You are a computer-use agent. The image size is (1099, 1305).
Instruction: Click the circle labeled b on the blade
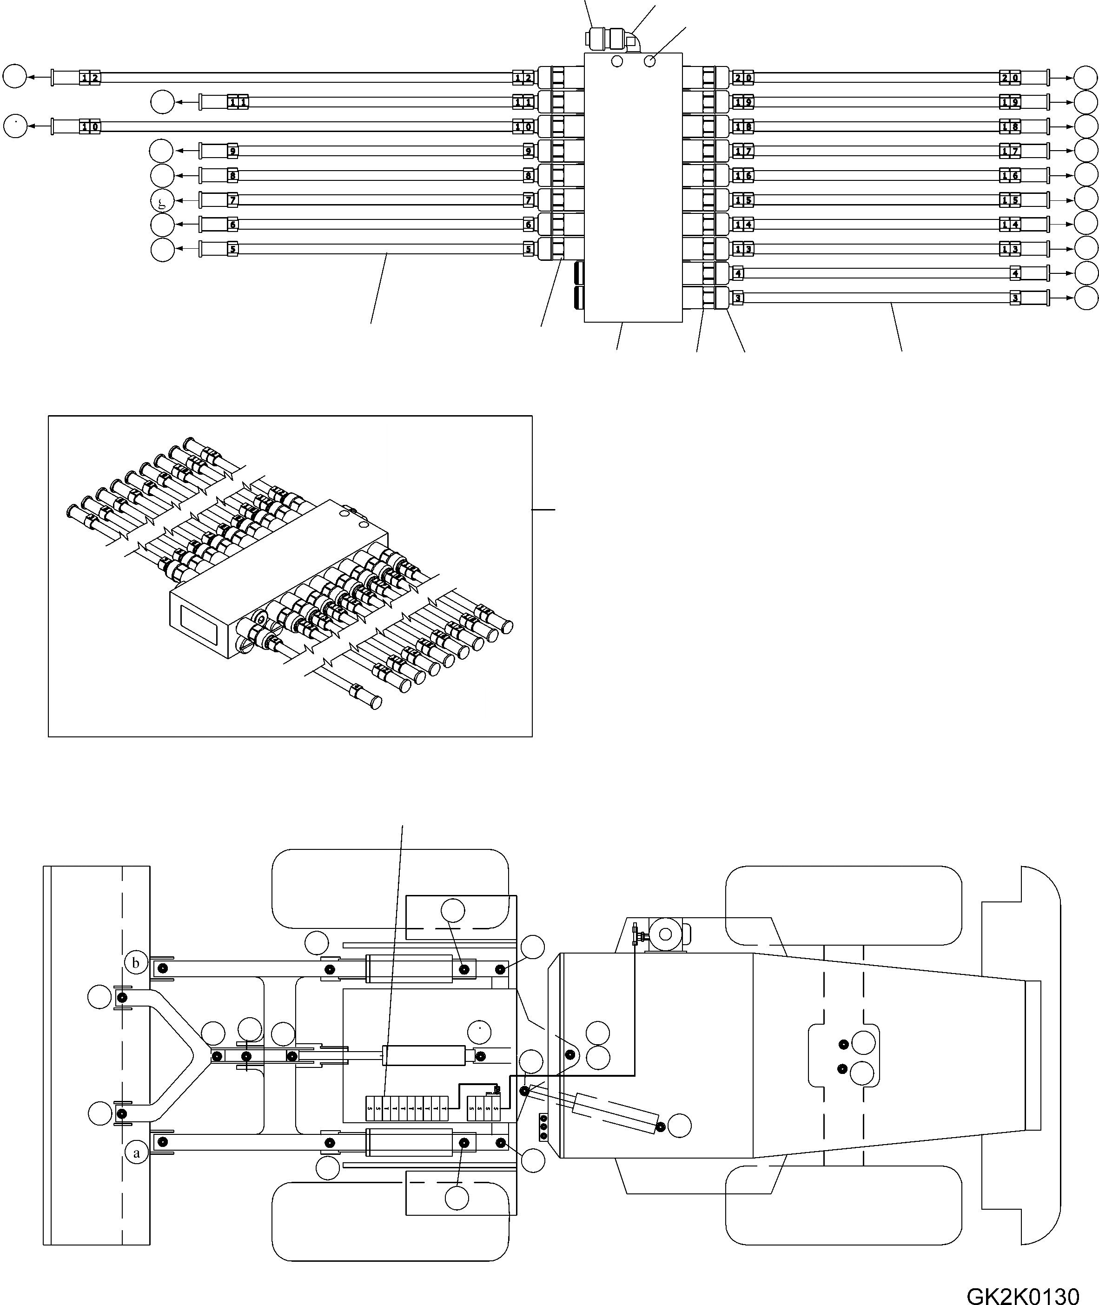(x=136, y=963)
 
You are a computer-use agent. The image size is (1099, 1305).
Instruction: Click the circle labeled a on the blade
(x=136, y=1153)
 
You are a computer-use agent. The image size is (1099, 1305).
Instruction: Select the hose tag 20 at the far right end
(x=1010, y=78)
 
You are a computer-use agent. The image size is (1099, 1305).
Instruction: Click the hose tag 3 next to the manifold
(x=738, y=298)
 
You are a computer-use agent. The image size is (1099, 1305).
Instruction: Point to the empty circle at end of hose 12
(x=14, y=77)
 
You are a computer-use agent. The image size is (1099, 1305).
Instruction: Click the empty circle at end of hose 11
(x=163, y=102)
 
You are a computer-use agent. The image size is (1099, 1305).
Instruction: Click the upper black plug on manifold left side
(x=578, y=273)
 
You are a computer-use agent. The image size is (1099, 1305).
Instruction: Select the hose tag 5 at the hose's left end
(x=232, y=249)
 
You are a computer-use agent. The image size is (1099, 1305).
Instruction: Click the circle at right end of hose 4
(x=1086, y=273)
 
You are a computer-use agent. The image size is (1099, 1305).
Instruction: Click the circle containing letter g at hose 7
(x=163, y=200)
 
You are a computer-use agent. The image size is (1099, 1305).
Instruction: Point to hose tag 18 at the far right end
(x=1010, y=127)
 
